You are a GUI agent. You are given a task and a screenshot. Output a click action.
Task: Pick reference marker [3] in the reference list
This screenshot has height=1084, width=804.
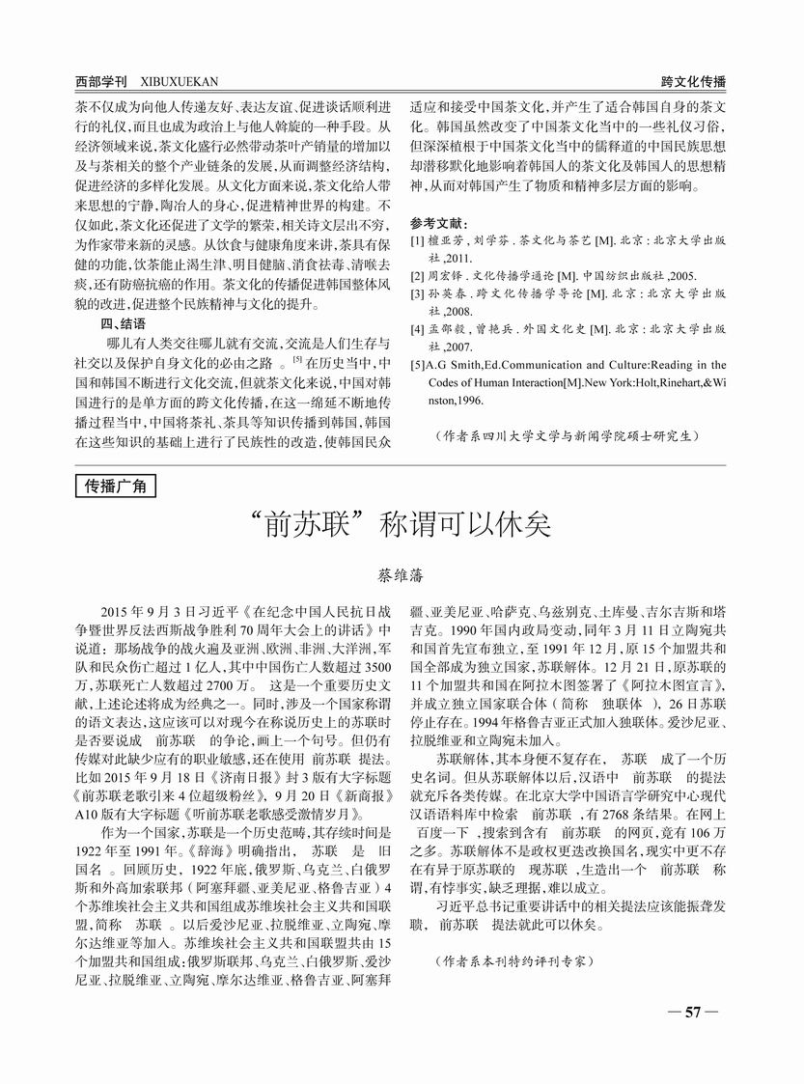pyautogui.click(x=417, y=294)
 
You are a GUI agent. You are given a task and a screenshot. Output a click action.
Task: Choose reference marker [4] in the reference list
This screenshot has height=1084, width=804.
pyautogui.click(x=417, y=330)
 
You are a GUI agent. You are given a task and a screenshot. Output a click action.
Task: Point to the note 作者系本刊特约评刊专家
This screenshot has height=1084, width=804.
pyautogui.click(x=513, y=962)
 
